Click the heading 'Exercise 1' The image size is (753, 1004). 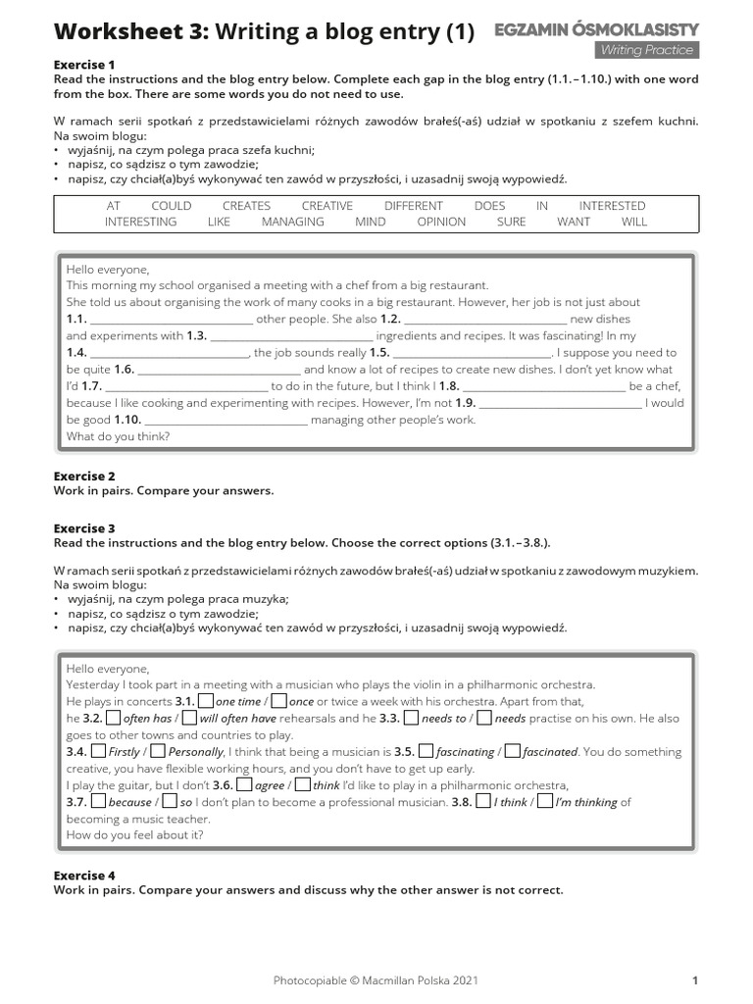pos(84,65)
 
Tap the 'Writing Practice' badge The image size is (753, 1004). pos(647,50)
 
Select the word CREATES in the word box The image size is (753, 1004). pos(246,206)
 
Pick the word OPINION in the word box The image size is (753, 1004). pos(441,222)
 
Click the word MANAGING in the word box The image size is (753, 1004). pos(292,222)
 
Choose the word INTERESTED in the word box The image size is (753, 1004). pos(612,206)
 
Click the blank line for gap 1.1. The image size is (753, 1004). pos(172,320)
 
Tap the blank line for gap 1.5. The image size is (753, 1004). pos(473,353)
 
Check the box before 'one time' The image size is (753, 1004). pos(206,701)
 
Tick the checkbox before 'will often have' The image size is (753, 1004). pos(189,718)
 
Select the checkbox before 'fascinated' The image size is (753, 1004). pos(511,752)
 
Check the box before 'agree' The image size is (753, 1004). pos(245,785)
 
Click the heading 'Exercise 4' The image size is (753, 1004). pos(84,875)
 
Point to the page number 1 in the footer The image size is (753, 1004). pos(694,979)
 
